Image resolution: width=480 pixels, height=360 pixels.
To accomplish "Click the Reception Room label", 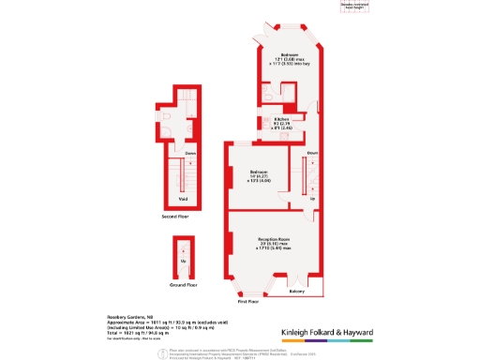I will pyautogui.click(x=271, y=245).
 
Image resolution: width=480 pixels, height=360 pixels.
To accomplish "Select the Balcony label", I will pyautogui.click(x=296, y=292).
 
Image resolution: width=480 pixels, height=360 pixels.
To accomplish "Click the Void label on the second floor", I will pyautogui.click(x=183, y=198).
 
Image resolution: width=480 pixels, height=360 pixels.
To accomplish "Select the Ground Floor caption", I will pyautogui.click(x=184, y=284).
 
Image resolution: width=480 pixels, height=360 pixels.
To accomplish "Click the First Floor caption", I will pyautogui.click(x=247, y=303).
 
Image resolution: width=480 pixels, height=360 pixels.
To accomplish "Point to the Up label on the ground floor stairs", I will pyautogui.click(x=184, y=261).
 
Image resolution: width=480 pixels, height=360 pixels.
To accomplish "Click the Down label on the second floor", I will pyautogui.click(x=189, y=152).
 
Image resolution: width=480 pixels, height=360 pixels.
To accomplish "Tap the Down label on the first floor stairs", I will pyautogui.click(x=313, y=152).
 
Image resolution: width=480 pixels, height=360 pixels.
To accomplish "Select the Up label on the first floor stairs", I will pyautogui.click(x=313, y=199).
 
